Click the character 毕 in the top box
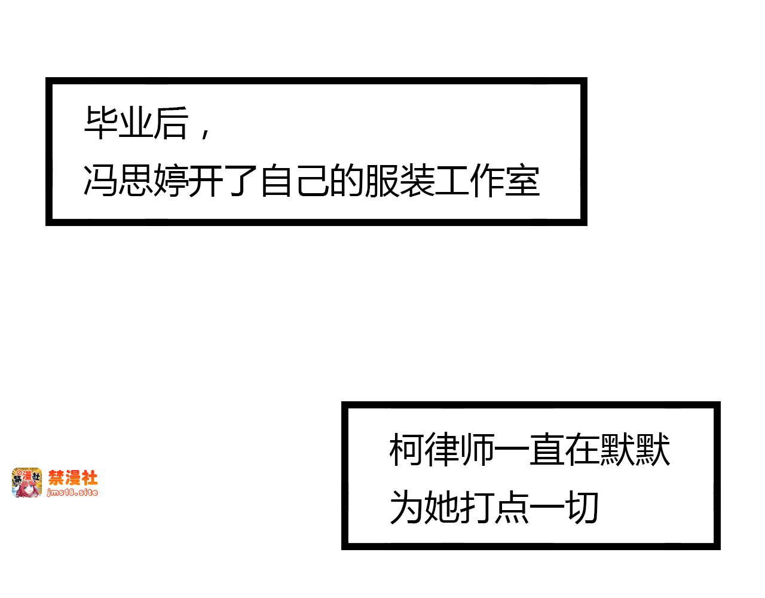[x=100, y=123]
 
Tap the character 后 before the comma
[x=170, y=123]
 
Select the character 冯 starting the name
[x=100, y=180]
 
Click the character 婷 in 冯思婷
[x=170, y=180]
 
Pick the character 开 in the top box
[x=206, y=180]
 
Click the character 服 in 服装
[x=381, y=180]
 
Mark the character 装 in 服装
[x=417, y=180]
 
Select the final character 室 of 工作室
[x=522, y=180]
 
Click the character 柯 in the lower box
[x=406, y=450]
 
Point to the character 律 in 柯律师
[x=442, y=450]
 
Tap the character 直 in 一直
[x=547, y=450]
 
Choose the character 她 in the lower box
[x=442, y=508]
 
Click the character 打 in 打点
[x=477, y=508]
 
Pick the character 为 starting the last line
[x=406, y=508]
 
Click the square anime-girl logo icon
[x=27, y=483]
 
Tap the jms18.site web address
[x=72, y=493]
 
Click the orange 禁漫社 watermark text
[x=73, y=478]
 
